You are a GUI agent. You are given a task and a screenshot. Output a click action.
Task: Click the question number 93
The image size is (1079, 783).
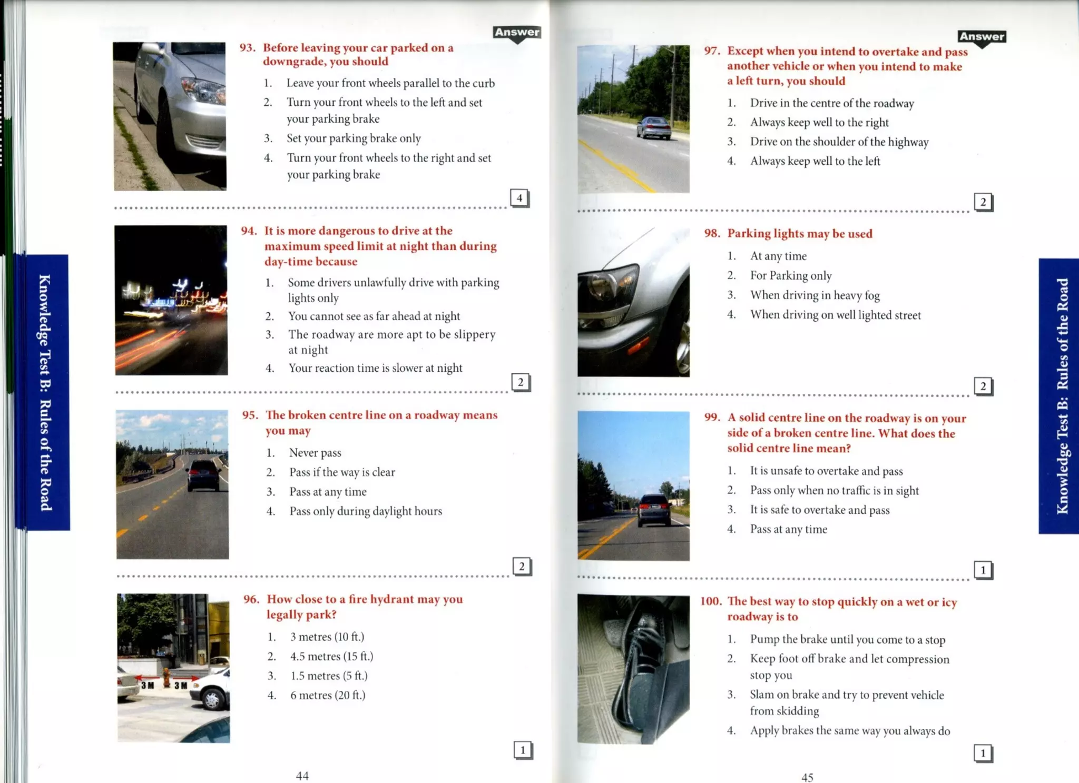pyautogui.click(x=247, y=48)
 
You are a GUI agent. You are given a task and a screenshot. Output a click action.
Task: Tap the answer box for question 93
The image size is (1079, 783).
pyautogui.click(x=519, y=198)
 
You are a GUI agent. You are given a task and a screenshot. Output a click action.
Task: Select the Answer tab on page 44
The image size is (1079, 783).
pyautogui.click(x=517, y=32)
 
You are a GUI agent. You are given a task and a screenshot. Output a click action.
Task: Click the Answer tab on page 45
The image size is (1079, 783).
pyautogui.click(x=982, y=37)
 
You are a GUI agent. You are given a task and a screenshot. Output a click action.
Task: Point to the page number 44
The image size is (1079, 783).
pyautogui.click(x=302, y=775)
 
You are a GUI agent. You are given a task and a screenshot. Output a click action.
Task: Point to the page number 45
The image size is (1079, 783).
pyautogui.click(x=807, y=777)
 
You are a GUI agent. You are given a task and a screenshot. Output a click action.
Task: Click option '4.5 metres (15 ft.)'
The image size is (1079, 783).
pyautogui.click(x=331, y=656)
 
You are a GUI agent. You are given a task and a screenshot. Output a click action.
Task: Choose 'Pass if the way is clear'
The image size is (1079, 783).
pyautogui.click(x=342, y=472)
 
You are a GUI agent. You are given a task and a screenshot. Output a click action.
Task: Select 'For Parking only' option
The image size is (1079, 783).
pyautogui.click(x=791, y=275)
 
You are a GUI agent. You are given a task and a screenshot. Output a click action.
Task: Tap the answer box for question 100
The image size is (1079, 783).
pyautogui.click(x=983, y=753)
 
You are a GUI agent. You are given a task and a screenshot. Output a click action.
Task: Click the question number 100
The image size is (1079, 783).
pyautogui.click(x=711, y=601)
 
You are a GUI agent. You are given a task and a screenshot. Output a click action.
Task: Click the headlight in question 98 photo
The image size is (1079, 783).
pyautogui.click(x=611, y=288)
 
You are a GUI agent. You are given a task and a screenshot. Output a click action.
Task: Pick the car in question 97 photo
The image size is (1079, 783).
pyautogui.click(x=654, y=128)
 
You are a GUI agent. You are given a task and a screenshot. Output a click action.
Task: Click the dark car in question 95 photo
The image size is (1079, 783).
pyautogui.click(x=204, y=474)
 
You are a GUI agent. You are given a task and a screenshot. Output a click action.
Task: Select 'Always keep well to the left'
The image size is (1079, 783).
pyautogui.click(x=815, y=161)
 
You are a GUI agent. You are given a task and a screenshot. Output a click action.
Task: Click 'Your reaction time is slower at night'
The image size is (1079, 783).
pyautogui.click(x=375, y=368)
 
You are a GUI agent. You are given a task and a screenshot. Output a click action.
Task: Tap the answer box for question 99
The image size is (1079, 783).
pyautogui.click(x=983, y=570)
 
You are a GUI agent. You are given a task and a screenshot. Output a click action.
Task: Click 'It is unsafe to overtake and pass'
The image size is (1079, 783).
pyautogui.click(x=826, y=471)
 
